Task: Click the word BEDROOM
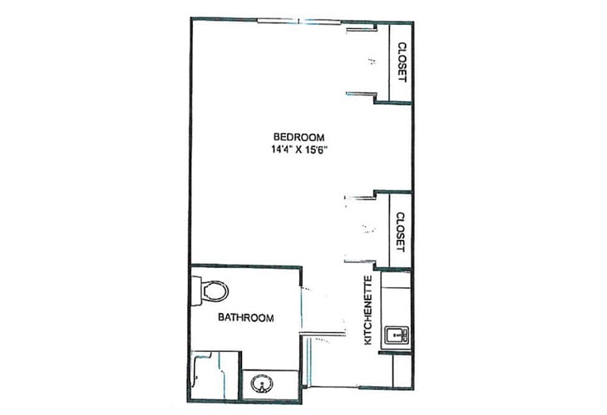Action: coord(299,137)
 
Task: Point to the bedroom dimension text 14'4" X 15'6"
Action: coord(299,149)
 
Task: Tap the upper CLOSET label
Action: coord(402,62)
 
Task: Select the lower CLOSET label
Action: coord(401,232)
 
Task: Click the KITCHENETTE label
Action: coord(368,310)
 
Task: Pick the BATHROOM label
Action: coord(246,318)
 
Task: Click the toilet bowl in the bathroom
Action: coord(215,291)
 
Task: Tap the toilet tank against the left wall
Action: coord(197,290)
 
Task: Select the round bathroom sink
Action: coord(262,384)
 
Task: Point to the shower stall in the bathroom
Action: coord(215,375)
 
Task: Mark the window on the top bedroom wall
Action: coord(299,21)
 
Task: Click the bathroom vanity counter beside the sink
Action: coord(269,384)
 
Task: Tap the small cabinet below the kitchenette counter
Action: coord(402,370)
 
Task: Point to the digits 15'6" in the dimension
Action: coord(316,149)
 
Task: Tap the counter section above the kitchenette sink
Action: coord(396,299)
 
